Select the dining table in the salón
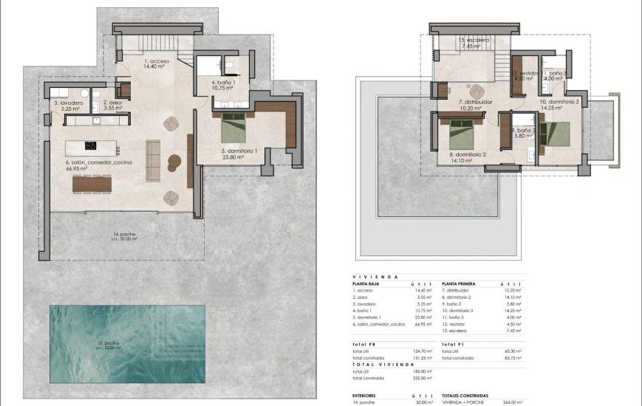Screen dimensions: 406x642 pyautogui.click(x=92, y=182)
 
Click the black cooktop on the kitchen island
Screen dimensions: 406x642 pyautogui.click(x=92, y=145)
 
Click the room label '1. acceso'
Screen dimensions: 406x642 pyautogui.click(x=157, y=61)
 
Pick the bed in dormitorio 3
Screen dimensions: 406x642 pyautogui.click(x=556, y=134)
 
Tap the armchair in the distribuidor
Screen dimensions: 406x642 pyautogui.click(x=474, y=92)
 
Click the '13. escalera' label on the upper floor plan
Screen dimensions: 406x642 pyautogui.click(x=474, y=40)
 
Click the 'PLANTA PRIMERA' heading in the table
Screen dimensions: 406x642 pyautogui.click(x=460, y=283)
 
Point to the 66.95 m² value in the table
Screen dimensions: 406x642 pyautogui.click(x=423, y=324)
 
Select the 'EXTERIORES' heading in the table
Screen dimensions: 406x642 pyautogui.click(x=368, y=396)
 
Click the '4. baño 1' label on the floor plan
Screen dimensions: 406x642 pyautogui.click(x=222, y=82)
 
